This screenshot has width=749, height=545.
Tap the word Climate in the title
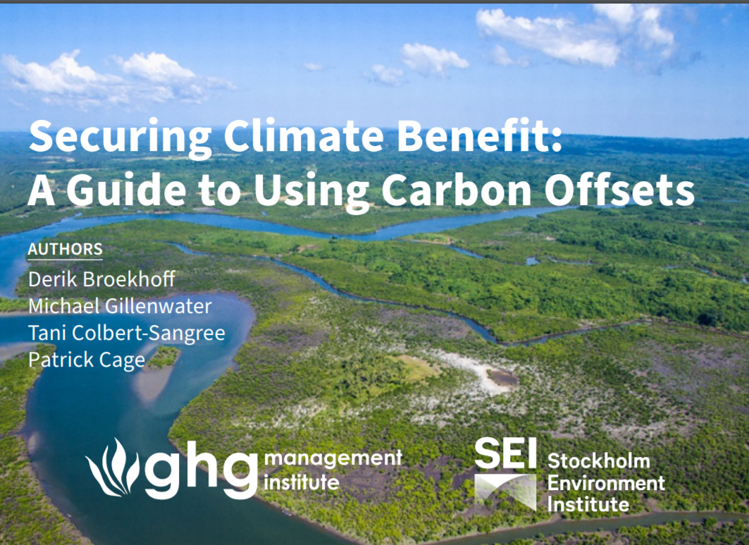(304, 136)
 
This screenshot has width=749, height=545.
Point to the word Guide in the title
(127, 190)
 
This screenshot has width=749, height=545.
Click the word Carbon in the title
(456, 190)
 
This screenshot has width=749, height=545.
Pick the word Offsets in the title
(619, 190)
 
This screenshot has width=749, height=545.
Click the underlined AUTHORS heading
(65, 250)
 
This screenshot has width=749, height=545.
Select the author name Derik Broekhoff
(101, 279)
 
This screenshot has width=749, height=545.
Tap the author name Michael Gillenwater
(120, 306)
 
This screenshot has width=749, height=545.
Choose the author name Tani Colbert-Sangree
(127, 333)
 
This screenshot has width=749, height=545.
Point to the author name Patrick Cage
(87, 360)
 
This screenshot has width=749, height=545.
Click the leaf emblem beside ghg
(113, 467)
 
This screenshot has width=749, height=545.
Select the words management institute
(333, 470)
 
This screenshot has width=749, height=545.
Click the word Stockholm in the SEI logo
(598, 461)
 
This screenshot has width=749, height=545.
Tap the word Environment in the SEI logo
(606, 483)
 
